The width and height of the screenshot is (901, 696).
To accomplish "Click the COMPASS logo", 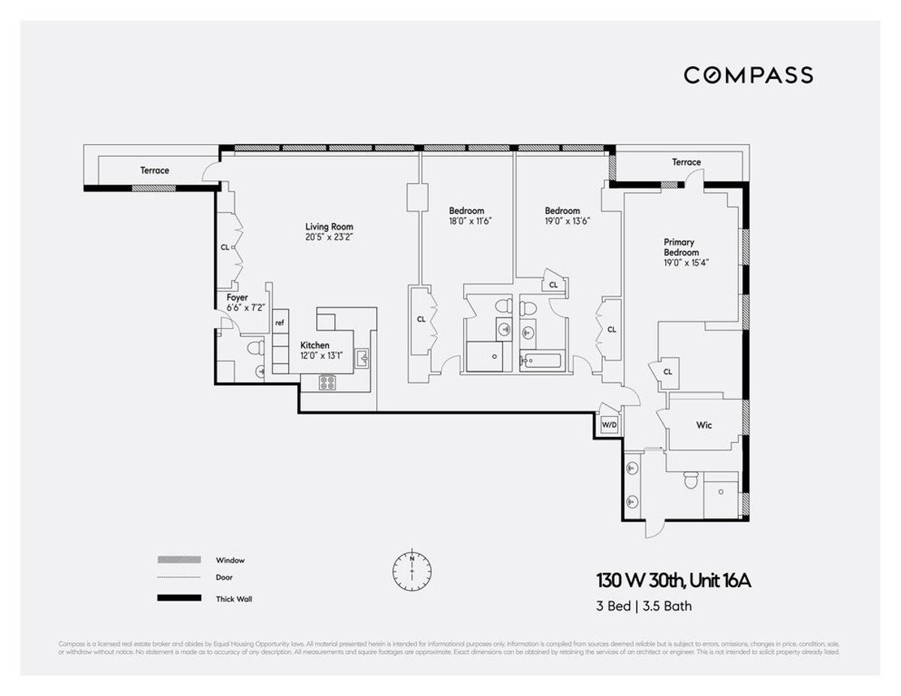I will click(x=748, y=75).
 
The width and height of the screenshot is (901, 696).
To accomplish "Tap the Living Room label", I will click(x=329, y=227).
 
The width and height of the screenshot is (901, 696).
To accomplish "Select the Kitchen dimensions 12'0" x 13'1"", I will click(x=321, y=356).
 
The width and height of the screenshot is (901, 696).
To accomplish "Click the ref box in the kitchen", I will click(x=279, y=323).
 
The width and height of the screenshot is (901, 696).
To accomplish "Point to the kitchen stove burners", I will click(x=327, y=382).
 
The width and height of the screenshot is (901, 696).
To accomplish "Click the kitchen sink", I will click(x=363, y=358).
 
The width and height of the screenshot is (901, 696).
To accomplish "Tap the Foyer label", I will click(x=237, y=298).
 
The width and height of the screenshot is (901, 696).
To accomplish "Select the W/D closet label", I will click(x=609, y=425).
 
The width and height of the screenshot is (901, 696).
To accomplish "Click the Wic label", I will click(x=704, y=425).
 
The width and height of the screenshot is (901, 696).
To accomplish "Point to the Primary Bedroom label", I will click(x=679, y=247).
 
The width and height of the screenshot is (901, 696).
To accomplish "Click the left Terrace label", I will click(x=155, y=170).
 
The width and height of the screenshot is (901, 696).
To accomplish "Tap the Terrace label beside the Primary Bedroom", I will click(x=686, y=162).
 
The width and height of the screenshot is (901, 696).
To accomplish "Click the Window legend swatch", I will click(x=179, y=560).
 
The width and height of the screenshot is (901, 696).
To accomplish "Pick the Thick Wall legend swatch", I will click(x=179, y=598).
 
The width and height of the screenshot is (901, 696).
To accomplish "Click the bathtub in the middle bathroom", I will click(x=541, y=361).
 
